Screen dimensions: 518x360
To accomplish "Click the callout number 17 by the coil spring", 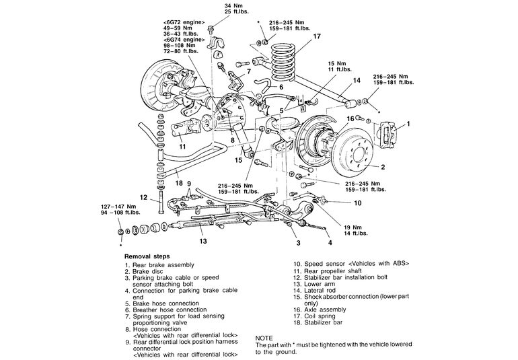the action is tap(317, 36).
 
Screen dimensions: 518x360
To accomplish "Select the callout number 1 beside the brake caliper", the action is tap(408, 124).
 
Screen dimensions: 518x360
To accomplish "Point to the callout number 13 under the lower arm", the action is tap(203, 242).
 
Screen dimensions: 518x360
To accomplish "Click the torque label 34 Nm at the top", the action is tap(233, 5).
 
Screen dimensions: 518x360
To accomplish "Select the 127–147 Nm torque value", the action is tap(118, 207).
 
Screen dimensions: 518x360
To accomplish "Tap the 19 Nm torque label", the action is tap(353, 227).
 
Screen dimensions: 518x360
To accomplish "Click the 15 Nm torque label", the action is tap(336, 63).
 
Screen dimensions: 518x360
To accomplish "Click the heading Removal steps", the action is tap(147, 256).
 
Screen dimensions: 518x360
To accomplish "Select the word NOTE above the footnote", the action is tap(264, 338).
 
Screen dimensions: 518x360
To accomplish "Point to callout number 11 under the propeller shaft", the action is tap(182, 147).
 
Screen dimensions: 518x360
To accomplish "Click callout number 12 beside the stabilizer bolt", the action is tap(143, 197).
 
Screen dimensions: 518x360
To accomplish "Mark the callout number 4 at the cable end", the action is tap(330, 243).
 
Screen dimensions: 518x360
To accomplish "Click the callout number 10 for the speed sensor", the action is tap(358, 203).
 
